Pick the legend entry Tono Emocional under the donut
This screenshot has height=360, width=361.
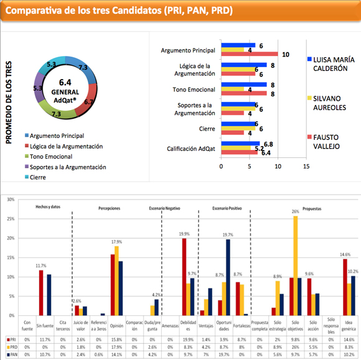(59, 156)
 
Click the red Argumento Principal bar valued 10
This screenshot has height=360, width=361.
(249, 55)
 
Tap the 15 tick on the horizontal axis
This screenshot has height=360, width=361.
(305, 167)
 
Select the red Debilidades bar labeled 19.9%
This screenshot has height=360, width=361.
(184, 277)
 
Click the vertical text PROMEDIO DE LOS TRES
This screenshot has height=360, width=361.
(9, 102)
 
